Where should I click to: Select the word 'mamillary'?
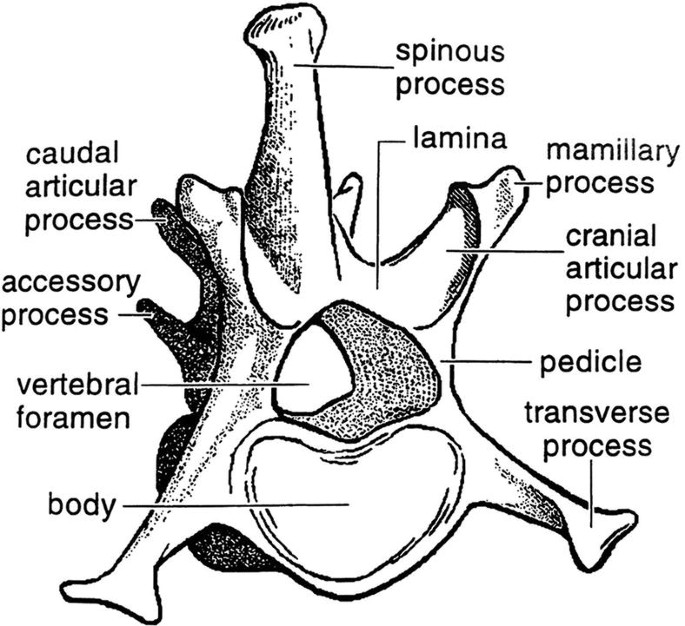pyautogui.click(x=609, y=153)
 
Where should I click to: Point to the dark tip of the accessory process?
pyautogui.click(x=149, y=305)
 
